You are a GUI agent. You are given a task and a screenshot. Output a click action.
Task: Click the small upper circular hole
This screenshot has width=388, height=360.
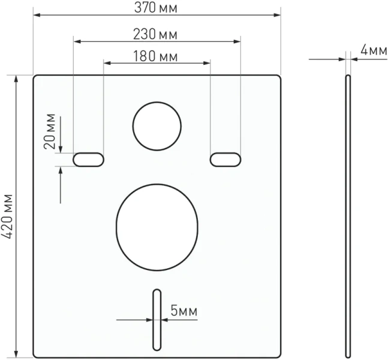click(x=157, y=127)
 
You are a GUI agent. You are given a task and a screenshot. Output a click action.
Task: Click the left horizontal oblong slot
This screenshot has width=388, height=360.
click(x=88, y=159)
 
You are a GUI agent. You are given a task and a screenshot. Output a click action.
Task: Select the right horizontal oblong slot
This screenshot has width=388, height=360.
click(x=225, y=159)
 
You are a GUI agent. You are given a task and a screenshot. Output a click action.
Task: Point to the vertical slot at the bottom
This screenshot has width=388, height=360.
click(x=157, y=319)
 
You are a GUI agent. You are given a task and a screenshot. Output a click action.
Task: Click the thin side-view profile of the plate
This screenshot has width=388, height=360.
click(x=348, y=216)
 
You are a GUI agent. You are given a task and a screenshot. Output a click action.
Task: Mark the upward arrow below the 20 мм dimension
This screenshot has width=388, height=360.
click(x=61, y=170)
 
